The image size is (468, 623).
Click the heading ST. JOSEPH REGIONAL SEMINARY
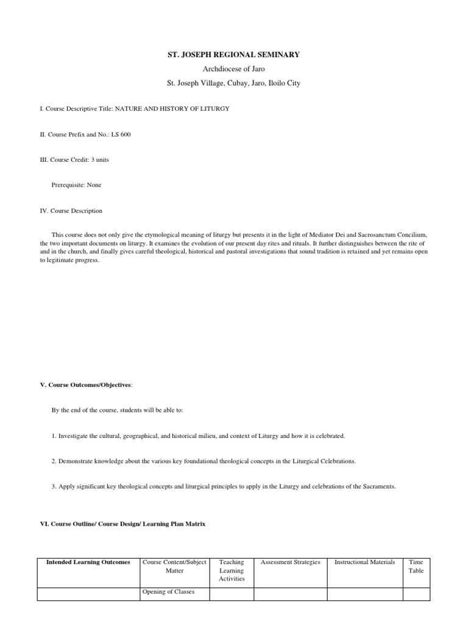[x=233, y=55]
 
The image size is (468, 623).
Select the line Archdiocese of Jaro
[x=233, y=69]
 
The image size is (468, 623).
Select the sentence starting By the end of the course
[x=117, y=410]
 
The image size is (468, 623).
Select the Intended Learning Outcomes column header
[x=88, y=562]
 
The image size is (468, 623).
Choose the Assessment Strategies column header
[x=290, y=562]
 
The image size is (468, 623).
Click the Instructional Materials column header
[x=365, y=562]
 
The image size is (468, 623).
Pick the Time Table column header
[x=416, y=566]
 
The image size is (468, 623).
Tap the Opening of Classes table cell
[x=168, y=591]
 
